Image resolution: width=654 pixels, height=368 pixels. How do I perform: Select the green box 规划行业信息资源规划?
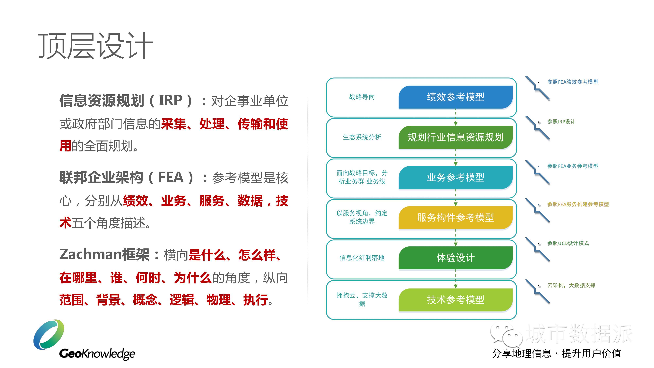pos(456,137)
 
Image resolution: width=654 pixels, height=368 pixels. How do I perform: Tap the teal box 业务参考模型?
pos(456,177)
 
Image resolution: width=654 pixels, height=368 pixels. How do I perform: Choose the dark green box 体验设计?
pos(456,258)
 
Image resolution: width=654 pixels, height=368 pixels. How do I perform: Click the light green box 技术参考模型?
pos(456,300)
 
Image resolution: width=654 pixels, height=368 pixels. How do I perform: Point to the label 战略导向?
pos(362,97)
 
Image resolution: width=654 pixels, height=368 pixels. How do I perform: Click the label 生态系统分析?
pos(362,137)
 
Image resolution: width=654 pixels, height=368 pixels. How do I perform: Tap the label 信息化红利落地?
pos(362,258)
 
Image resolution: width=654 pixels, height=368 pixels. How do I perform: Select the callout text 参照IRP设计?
pos(561,122)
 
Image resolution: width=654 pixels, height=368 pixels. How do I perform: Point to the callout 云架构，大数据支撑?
pos(571,285)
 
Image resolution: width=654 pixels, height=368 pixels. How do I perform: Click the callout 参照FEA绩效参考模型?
pos(573,82)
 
